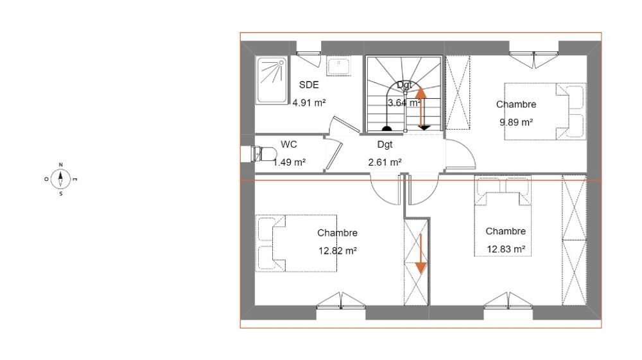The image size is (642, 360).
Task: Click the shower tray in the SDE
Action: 271,80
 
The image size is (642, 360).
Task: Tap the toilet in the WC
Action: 263,154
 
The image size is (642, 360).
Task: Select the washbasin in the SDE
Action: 338,65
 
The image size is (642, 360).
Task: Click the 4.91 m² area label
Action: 309,103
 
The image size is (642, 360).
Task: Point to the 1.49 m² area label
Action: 290,162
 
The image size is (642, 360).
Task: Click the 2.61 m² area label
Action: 385,162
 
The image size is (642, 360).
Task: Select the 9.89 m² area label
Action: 516,123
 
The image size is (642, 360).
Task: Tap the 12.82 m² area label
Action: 338,251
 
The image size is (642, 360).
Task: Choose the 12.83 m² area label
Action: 506,249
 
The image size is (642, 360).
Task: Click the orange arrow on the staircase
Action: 421,108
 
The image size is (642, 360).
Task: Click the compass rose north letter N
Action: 61,165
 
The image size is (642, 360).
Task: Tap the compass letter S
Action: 61,194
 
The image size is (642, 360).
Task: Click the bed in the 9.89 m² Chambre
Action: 545,112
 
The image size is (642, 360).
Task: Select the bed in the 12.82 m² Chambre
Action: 297,243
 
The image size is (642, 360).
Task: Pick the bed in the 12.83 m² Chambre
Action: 503,216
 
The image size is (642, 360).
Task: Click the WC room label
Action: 289,144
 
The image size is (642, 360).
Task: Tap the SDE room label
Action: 309,85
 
